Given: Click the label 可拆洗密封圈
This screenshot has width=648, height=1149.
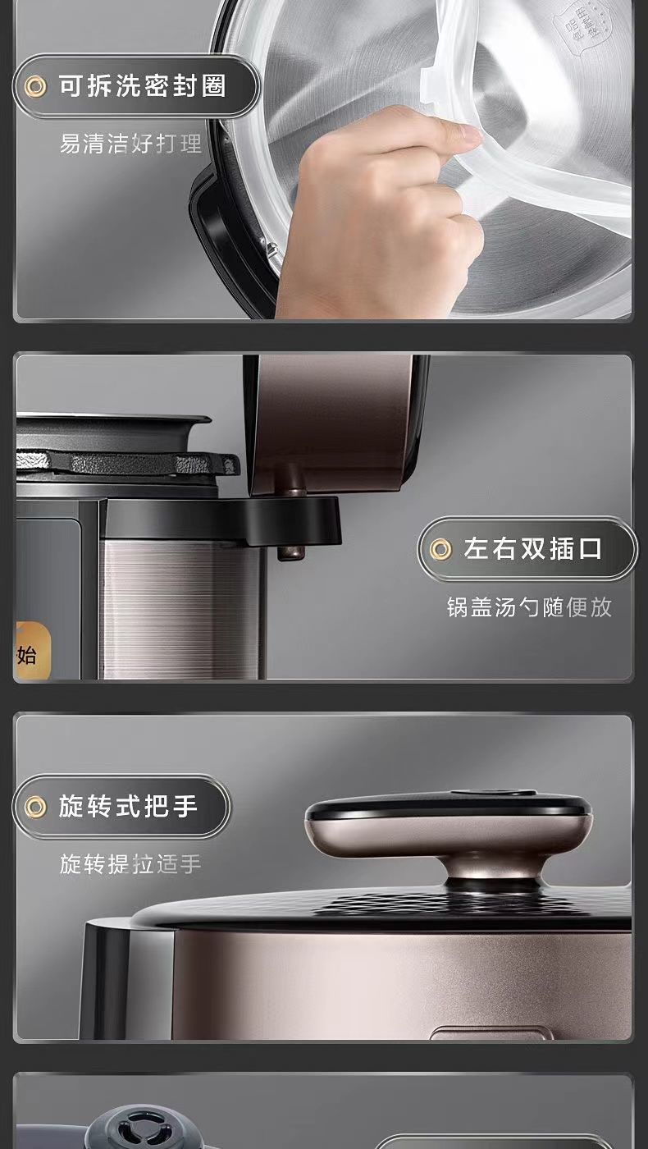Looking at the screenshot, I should (142, 85).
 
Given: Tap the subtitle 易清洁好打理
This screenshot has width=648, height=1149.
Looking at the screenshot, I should (130, 144).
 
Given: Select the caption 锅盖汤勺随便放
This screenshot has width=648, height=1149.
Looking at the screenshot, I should (529, 607).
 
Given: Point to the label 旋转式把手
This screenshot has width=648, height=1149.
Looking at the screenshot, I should (128, 807).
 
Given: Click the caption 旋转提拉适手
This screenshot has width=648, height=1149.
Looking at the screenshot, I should (130, 864).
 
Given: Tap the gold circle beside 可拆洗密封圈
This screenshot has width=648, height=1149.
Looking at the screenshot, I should (34, 85).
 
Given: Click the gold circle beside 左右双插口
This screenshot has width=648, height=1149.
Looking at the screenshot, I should (441, 549).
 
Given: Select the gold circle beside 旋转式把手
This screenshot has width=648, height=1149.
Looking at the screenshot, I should (34, 808).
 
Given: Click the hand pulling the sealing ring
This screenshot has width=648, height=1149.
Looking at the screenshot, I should (377, 205).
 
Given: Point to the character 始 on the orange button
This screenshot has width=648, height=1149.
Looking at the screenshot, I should (27, 654).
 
